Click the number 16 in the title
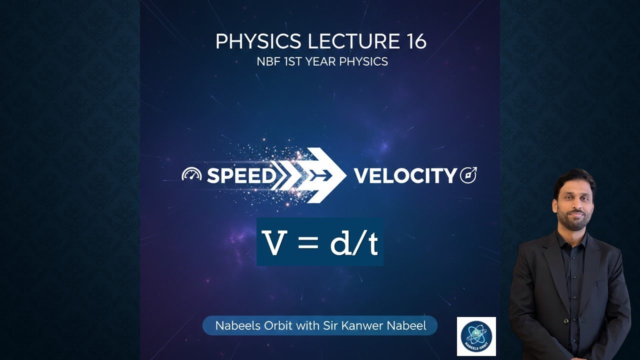pyautogui.click(x=413, y=42)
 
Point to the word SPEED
pyautogui.click(x=241, y=175)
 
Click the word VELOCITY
pyautogui.click(x=405, y=175)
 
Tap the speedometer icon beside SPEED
pyautogui.click(x=191, y=175)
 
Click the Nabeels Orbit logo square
pyautogui.click(x=476, y=336)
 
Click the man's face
pyautogui.click(x=573, y=202)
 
